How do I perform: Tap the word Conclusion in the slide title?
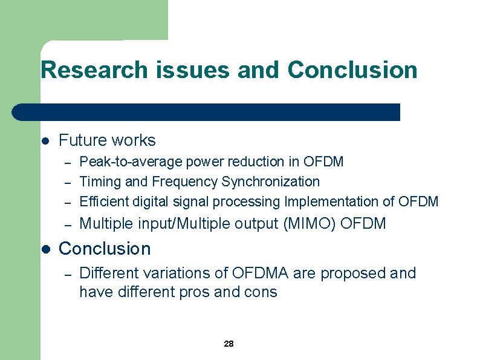coord(352,70)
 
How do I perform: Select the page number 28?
coord(229,344)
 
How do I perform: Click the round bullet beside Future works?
coord(45,141)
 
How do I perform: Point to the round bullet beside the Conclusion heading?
coord(45,249)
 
